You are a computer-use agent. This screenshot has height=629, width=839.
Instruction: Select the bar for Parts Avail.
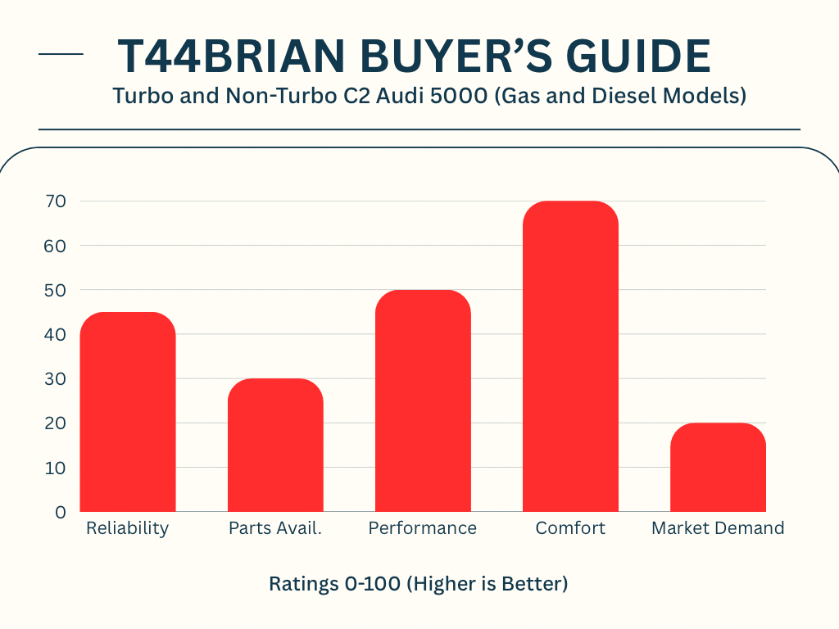click(275, 446)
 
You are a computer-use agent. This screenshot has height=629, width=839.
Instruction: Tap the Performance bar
click(423, 401)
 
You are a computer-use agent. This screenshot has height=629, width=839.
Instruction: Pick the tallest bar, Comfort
click(570, 356)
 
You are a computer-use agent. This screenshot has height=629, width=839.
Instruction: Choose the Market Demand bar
click(718, 468)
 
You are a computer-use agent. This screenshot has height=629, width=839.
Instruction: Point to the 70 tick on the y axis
click(57, 201)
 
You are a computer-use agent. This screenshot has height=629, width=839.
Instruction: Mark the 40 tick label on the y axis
click(57, 334)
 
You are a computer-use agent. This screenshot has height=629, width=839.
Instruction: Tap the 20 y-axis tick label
click(57, 423)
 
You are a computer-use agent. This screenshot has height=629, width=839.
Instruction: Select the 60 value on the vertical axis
click(57, 246)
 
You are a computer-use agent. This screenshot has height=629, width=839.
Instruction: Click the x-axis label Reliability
click(127, 528)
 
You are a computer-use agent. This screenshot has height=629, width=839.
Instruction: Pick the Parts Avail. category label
click(275, 528)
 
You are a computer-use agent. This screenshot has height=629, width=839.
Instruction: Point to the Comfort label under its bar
click(570, 528)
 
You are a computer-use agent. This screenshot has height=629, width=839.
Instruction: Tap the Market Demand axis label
click(718, 528)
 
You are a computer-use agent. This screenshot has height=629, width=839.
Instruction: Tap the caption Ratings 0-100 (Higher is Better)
click(419, 584)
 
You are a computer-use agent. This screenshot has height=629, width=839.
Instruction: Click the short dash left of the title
click(61, 55)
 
